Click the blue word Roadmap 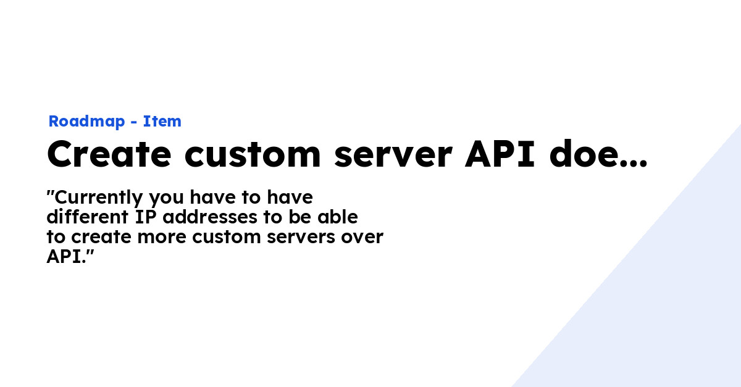(86, 122)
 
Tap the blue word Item (162, 121)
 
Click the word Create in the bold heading (109, 154)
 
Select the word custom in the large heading (253, 154)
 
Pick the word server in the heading (393, 156)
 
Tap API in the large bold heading (500, 154)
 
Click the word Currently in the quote (99, 198)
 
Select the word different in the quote (87, 217)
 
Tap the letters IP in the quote (146, 217)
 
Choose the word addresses (210, 217)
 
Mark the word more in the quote (162, 238)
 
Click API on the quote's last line (64, 257)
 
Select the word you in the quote (166, 199)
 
